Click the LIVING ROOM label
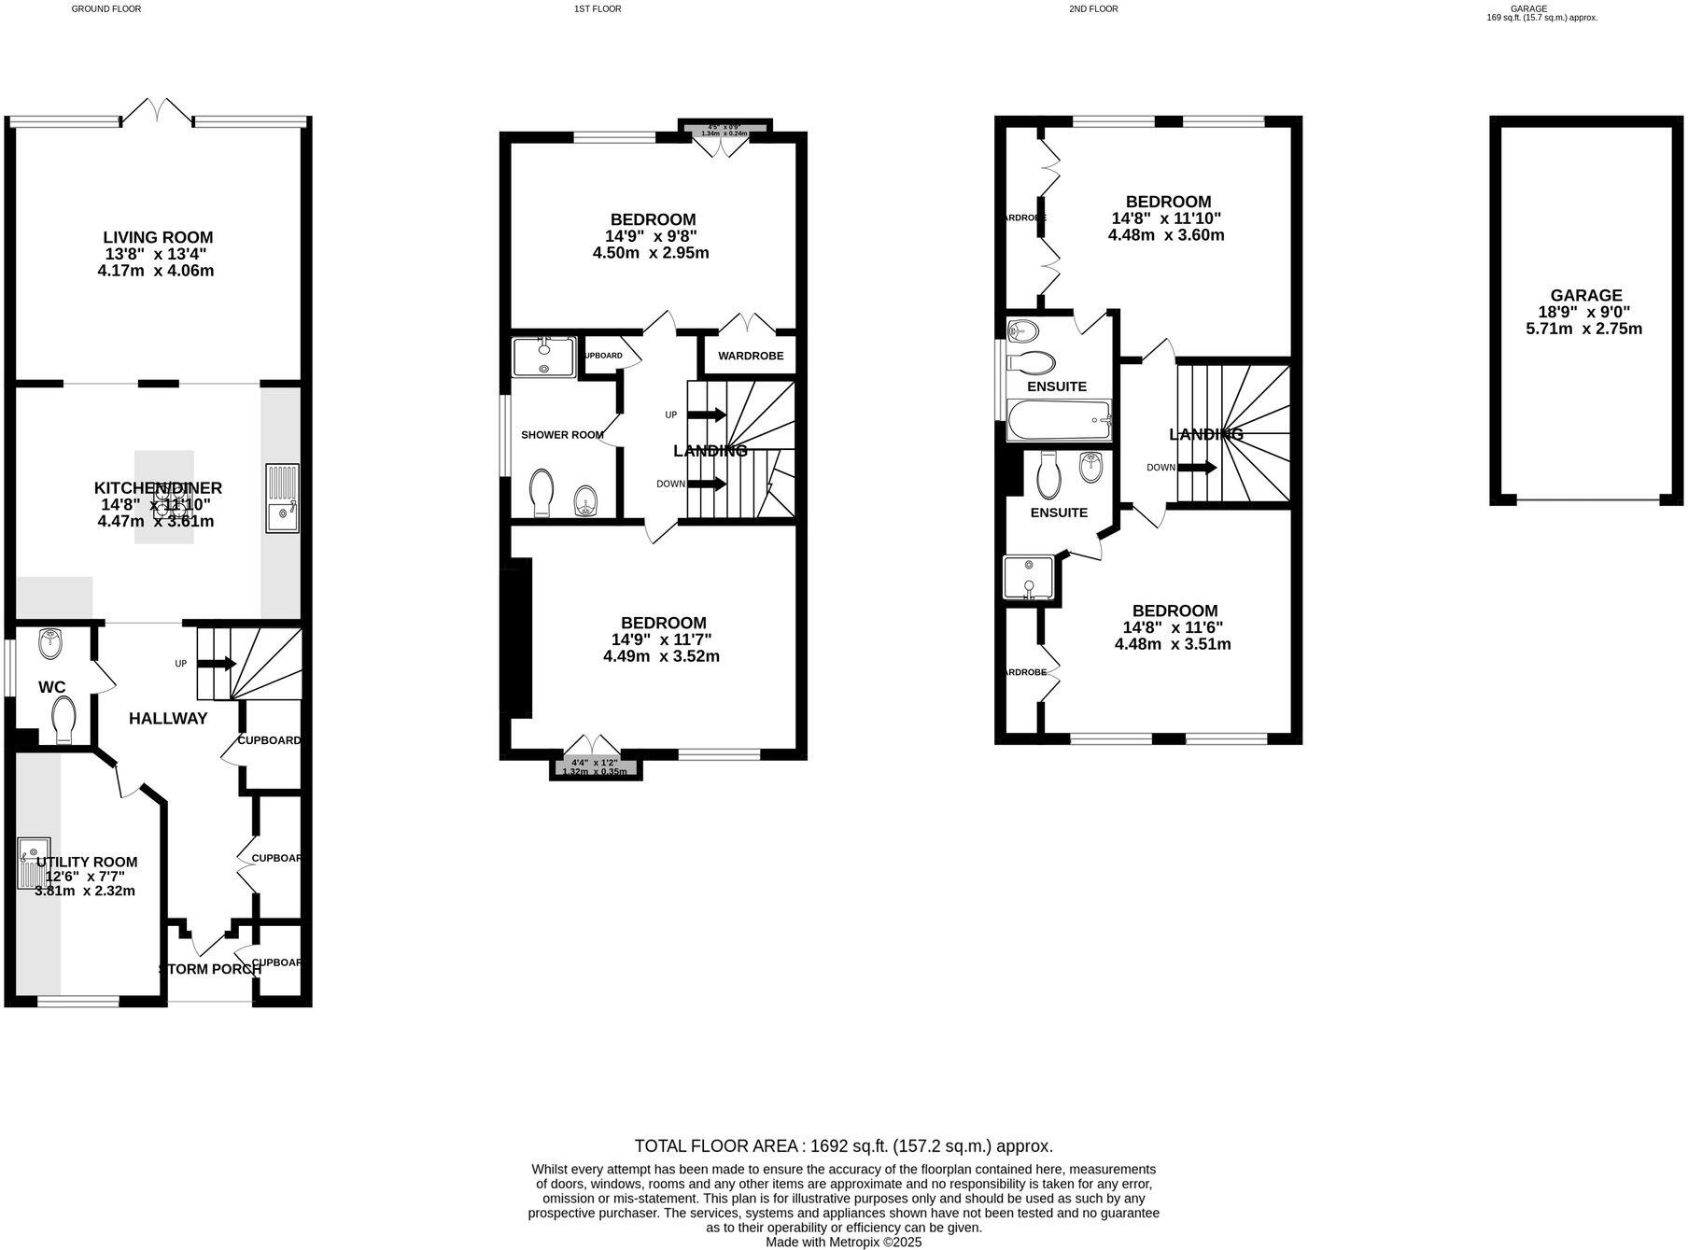[158, 238]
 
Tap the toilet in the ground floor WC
[63, 722]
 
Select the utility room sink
[34, 862]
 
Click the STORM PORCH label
[210, 969]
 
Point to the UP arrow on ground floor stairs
[216, 664]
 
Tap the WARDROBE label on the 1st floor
[751, 356]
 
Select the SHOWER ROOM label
[562, 435]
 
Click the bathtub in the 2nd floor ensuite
[1060, 420]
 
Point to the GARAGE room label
[1586, 296]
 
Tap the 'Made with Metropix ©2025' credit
[843, 1243]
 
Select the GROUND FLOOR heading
[106, 9]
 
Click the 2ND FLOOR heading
[1093, 9]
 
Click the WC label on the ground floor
[52, 688]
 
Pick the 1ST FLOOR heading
[598, 9]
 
